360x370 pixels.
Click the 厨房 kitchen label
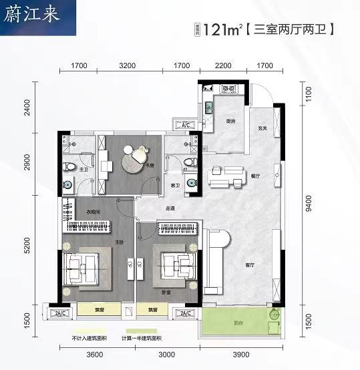point(229,122)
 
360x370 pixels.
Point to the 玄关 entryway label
point(263,128)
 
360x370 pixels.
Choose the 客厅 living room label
point(250,265)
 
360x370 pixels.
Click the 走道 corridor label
point(171,208)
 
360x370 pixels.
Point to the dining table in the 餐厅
point(224,175)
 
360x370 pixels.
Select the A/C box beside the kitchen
point(186,124)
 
